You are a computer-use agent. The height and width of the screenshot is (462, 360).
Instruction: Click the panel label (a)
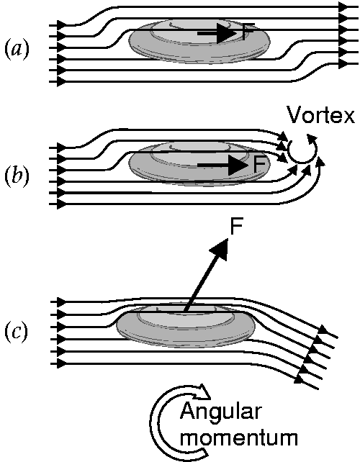(17, 49)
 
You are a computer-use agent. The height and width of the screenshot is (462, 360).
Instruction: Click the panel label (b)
(17, 175)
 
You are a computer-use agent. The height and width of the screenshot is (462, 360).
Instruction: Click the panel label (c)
(17, 332)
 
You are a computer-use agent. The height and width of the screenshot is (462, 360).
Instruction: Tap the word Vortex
(321, 114)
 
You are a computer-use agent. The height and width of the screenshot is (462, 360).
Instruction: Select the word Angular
(220, 412)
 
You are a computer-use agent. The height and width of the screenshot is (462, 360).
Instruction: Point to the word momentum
(239, 438)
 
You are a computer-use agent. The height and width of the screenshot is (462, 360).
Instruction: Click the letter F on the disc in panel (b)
(259, 164)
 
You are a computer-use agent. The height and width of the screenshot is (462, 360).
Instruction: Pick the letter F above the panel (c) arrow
(236, 226)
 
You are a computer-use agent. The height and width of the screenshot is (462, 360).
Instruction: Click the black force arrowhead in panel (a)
(228, 33)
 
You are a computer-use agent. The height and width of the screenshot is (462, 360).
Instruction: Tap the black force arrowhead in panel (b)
(238, 165)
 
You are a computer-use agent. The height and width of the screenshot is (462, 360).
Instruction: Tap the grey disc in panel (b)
(199, 163)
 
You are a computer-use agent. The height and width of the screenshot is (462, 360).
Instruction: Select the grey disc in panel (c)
(186, 325)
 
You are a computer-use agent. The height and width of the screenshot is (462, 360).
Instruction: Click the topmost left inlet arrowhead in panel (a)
(61, 25)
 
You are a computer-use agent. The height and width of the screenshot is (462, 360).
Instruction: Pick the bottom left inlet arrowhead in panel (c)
(61, 363)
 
